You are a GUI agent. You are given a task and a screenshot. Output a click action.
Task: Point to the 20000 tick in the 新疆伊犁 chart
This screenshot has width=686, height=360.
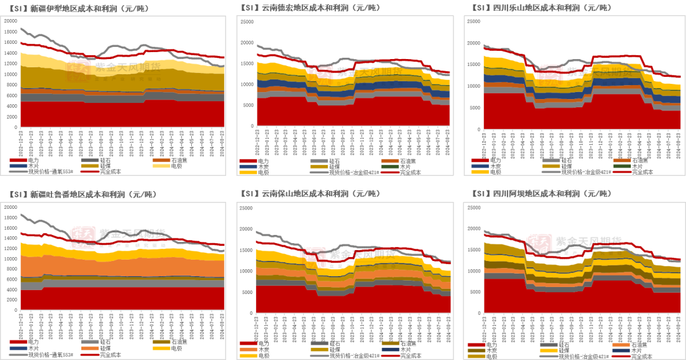pos(11,20)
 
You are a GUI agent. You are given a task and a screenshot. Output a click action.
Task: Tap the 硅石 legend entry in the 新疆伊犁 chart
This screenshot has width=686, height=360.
pos(104,159)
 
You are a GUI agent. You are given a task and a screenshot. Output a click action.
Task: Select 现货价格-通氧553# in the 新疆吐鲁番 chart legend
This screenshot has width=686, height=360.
pos(51,354)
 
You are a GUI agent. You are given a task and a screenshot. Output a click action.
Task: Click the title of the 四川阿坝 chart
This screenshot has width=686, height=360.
pos(542,194)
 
